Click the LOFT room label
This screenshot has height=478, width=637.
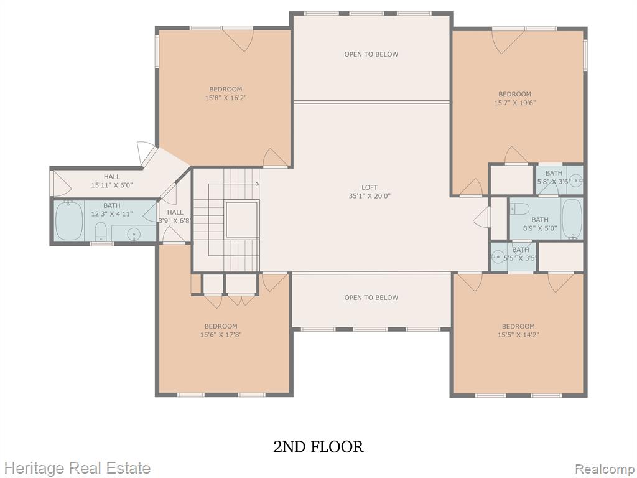(370, 187)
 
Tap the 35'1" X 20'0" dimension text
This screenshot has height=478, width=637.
(370, 196)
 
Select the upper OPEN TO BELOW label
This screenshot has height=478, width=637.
(371, 54)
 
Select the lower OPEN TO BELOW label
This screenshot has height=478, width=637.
(371, 298)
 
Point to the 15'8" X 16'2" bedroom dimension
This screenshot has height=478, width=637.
(226, 98)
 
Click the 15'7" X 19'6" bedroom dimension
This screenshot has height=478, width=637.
(514, 103)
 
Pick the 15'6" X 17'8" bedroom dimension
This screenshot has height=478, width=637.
(221, 335)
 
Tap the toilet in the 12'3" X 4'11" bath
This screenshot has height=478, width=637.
(100, 232)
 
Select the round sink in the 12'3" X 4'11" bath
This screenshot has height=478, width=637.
(134, 234)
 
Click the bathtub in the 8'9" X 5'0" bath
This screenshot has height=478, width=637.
(572, 218)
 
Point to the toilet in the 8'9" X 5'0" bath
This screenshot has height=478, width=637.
(519, 209)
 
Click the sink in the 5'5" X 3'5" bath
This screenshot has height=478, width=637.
(497, 256)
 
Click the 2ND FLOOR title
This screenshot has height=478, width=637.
(318, 447)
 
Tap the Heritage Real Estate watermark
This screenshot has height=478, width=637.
(75, 468)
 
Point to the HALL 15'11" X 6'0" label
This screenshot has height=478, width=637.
(112, 181)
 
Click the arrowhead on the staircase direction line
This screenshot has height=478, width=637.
(258, 184)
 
